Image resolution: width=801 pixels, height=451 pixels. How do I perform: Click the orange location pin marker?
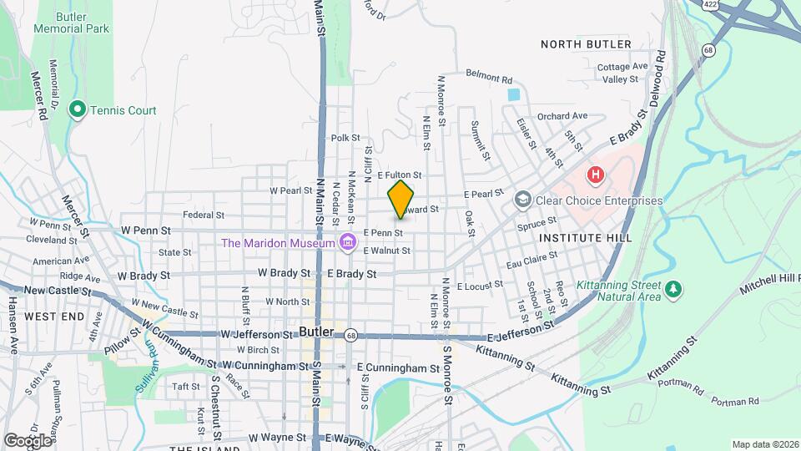[400, 198]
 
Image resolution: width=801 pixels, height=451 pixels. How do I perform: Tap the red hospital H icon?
[595, 175]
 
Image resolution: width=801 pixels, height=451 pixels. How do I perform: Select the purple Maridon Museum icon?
[348, 243]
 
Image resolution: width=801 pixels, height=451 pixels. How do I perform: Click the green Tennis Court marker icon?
[78, 109]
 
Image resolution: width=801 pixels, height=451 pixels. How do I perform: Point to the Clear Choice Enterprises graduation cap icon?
[523, 200]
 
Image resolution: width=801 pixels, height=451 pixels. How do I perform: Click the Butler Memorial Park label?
[72, 23]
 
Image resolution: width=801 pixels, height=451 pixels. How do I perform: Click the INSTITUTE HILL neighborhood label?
[581, 238]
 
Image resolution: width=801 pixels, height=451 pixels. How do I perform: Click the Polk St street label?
[345, 138]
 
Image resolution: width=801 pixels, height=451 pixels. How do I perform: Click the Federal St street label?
[204, 215]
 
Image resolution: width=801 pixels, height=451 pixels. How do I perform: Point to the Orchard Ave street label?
[562, 116]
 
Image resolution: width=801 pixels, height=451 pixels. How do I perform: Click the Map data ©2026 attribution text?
[764, 444]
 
